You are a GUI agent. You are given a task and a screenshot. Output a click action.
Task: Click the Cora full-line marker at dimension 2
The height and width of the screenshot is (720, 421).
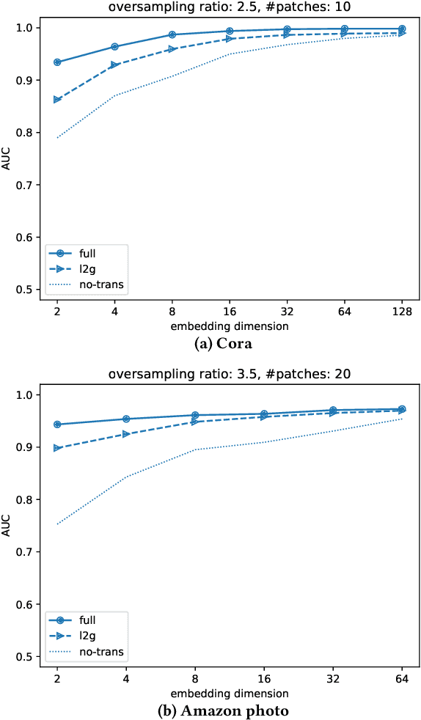tap(57, 62)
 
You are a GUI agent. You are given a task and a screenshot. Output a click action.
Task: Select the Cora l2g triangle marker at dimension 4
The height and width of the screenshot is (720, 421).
tap(114, 65)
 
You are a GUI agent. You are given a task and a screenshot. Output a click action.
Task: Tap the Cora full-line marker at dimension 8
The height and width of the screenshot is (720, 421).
tap(172, 34)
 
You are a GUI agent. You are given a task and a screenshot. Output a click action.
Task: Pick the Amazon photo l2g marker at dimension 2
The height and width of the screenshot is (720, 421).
tap(57, 448)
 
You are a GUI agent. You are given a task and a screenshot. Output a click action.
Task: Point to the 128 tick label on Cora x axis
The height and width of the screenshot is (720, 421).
tap(401, 312)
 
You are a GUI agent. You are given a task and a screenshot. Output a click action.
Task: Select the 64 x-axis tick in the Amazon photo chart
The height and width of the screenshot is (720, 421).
tap(401, 679)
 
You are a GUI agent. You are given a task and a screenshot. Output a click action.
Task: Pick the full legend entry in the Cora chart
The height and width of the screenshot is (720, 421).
tap(87, 253)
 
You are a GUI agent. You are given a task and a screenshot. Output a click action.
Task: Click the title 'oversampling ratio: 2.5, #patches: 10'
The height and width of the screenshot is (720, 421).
tap(229, 8)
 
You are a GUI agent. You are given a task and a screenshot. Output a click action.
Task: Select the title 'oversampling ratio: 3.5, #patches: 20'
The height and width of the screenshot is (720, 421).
tap(229, 375)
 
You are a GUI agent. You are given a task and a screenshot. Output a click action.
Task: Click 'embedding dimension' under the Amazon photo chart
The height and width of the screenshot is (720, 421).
tap(229, 693)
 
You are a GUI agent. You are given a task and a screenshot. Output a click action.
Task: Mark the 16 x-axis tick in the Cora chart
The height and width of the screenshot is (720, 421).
tap(230, 312)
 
